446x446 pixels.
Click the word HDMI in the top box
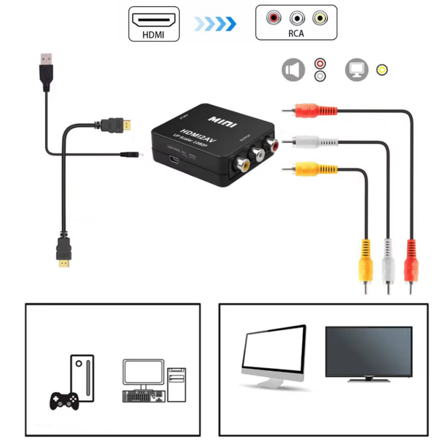coord(154,35)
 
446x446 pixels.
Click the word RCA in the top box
coord(296,34)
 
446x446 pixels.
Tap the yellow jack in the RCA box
coord(320,18)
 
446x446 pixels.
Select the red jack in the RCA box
coord(274,18)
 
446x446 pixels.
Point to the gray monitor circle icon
coord(357,70)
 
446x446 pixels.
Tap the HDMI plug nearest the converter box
coord(116,125)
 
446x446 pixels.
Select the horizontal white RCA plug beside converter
coord(313,140)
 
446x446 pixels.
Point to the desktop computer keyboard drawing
coord(144,396)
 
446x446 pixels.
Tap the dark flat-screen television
coord(368,354)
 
